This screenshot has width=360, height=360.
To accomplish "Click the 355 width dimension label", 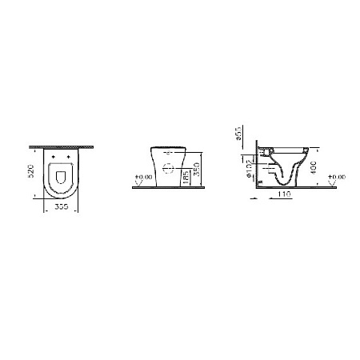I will [62, 204].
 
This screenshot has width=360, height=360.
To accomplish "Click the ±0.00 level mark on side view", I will [335, 175].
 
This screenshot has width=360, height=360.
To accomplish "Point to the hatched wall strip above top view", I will [62, 146].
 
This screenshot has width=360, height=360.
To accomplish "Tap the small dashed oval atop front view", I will [169, 149].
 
